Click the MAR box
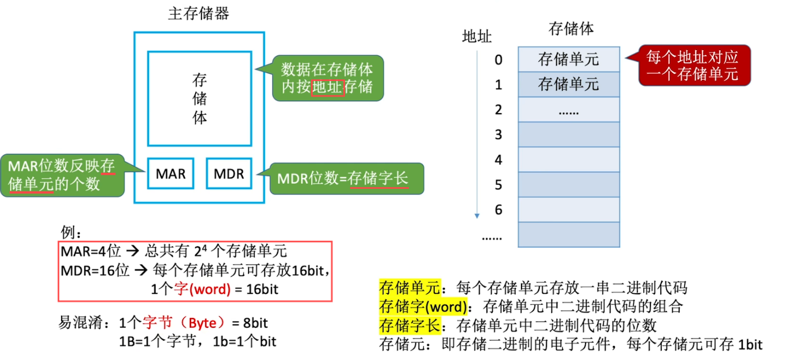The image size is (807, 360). coord(171,173)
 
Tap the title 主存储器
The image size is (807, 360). coord(198,14)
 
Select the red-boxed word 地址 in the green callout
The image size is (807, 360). coord(328,87)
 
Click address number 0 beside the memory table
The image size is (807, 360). coord(499,60)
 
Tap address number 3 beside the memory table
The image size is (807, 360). coord(499,135)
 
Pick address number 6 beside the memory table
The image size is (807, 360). coord(499,210)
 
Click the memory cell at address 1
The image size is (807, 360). coord(568,84)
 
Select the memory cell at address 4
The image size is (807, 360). coord(568,159)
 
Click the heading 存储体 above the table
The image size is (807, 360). coord(571,29)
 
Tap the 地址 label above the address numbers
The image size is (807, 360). coord(477,37)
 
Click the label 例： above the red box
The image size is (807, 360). coord(72,232)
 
